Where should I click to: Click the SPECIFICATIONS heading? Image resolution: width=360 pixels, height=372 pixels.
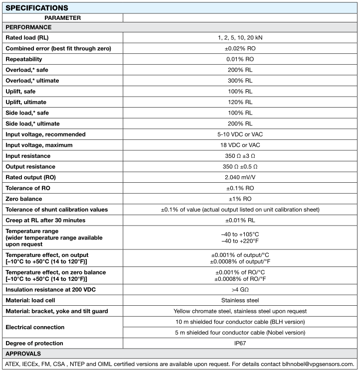pos(36,8)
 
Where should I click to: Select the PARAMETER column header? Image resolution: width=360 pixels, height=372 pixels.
pos(62,18)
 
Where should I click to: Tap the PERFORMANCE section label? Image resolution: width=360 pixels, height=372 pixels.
pos(28,27)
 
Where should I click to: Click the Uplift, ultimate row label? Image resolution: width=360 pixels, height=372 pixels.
pos(29,102)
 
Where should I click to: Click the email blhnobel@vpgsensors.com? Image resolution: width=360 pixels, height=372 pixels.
pos(314,365)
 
